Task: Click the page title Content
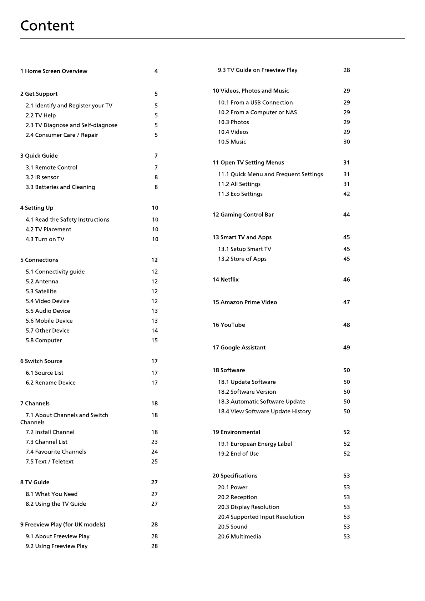(47, 26)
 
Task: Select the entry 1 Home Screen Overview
(54, 71)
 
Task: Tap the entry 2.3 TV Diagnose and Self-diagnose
(71, 125)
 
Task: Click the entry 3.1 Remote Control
(51, 167)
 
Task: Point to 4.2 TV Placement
(48, 229)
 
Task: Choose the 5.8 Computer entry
(44, 340)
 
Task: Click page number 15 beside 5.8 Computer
(155, 340)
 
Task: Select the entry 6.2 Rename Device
(51, 383)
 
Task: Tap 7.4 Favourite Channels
(56, 452)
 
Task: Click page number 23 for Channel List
(155, 442)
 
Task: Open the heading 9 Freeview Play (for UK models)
(63, 525)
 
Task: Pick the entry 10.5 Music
(232, 142)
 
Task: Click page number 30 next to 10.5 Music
(346, 142)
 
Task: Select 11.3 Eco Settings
(240, 194)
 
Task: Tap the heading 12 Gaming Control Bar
(243, 214)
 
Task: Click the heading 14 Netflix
(226, 279)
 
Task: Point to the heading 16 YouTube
(229, 325)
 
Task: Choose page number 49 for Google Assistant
(346, 348)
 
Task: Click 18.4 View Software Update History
(264, 411)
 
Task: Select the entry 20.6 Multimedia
(239, 536)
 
